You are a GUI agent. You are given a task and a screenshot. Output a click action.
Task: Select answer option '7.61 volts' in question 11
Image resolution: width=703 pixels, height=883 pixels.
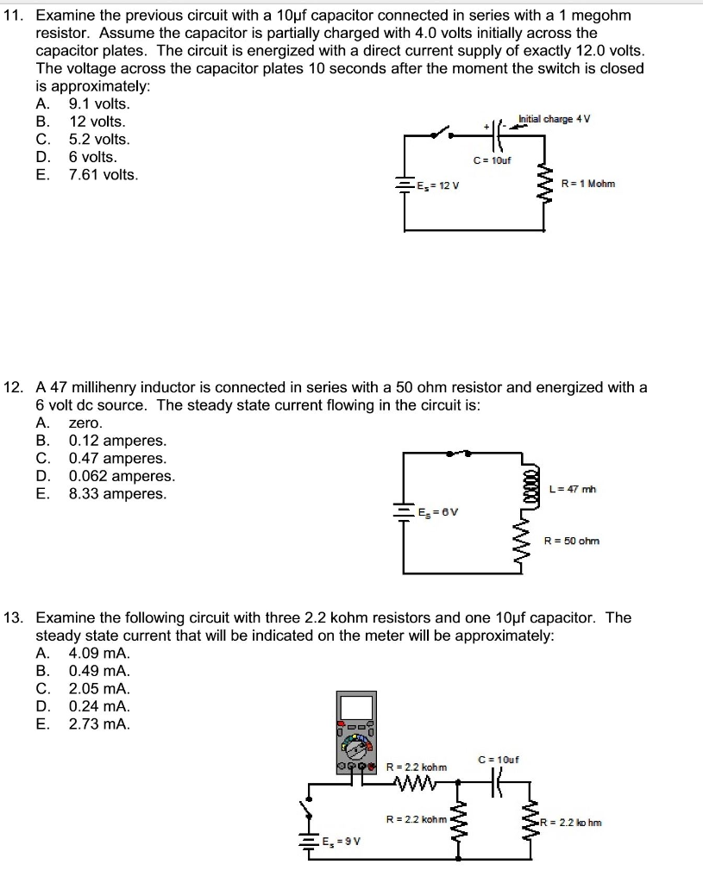103,175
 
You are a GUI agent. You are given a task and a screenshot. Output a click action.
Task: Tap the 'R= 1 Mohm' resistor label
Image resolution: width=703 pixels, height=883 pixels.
587,184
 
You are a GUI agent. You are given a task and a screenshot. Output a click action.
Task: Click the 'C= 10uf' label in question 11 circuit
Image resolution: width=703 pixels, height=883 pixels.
493,160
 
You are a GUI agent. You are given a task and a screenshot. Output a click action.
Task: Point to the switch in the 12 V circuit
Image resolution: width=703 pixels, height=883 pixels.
443,132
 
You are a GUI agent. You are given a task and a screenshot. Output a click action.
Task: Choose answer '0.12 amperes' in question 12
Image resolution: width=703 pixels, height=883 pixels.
117,441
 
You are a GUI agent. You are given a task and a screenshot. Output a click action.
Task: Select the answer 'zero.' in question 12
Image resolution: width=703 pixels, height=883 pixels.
85,423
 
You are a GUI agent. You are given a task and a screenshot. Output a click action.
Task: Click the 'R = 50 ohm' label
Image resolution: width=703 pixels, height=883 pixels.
571,541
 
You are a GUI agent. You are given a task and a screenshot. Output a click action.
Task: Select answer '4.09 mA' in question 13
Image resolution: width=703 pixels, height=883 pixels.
99,653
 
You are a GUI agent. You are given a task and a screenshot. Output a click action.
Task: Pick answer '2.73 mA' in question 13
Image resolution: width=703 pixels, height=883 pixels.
99,723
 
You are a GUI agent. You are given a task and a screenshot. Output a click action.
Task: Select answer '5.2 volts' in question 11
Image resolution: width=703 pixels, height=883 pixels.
99,140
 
